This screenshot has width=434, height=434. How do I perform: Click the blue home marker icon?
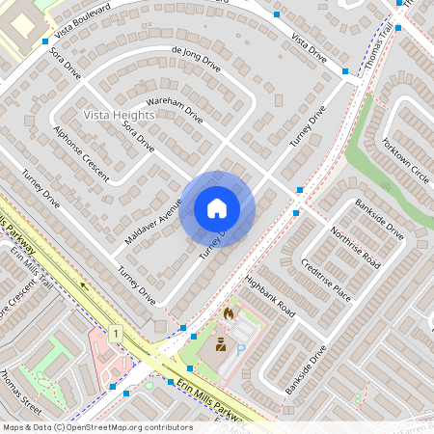click(217, 207)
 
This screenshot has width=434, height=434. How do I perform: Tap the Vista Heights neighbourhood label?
click(119, 115)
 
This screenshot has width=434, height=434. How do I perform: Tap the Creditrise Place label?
click(325, 280)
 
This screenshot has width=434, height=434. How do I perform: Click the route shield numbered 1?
click(117, 332)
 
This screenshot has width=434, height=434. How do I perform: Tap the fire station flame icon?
click(229, 313)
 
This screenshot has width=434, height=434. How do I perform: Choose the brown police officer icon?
click(220, 345)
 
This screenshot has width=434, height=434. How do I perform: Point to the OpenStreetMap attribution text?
click(97, 426)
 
